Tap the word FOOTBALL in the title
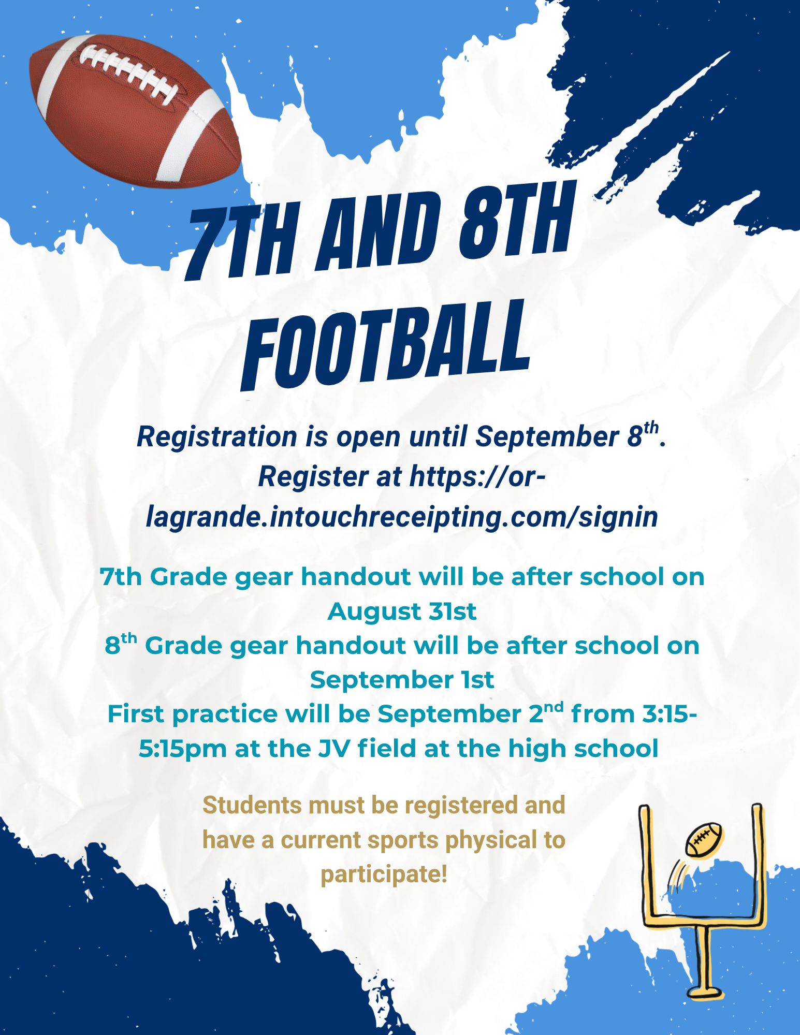[386, 344]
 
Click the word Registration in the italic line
[217, 436]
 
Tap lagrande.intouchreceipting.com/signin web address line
[402, 517]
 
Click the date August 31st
[402, 611]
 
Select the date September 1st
[402, 680]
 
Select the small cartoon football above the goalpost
[704, 839]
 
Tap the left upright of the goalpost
[646, 865]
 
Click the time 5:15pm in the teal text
[183, 749]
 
